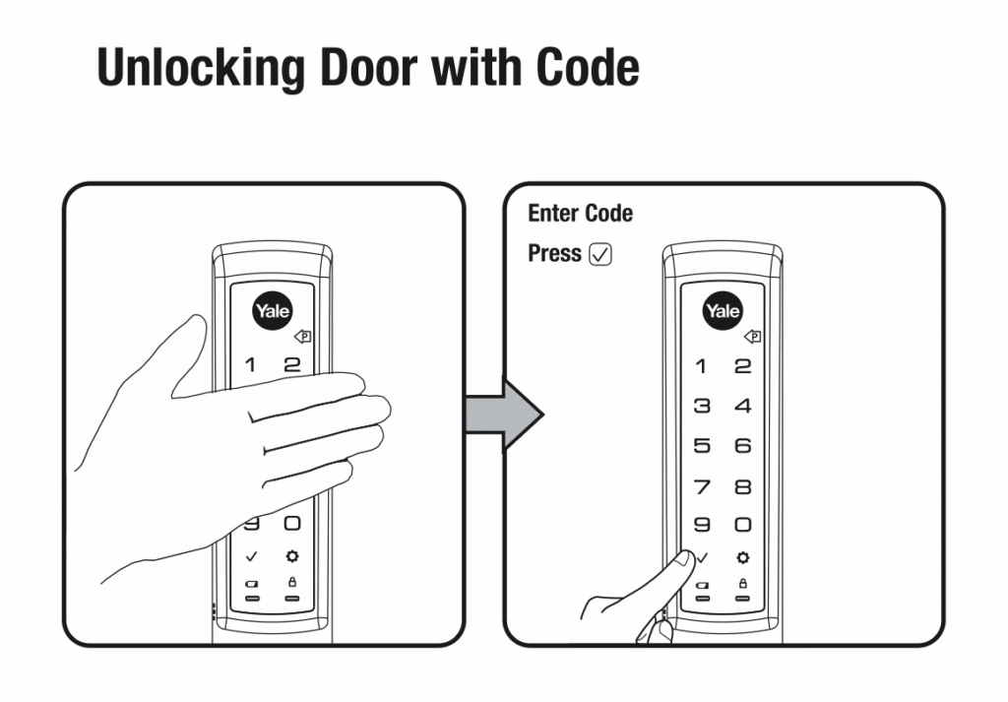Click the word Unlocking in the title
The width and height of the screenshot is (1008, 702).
tap(201, 68)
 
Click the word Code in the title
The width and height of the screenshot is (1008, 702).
tap(588, 67)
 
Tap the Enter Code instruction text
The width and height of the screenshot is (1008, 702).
tap(580, 214)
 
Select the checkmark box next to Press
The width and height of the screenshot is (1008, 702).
tap(600, 254)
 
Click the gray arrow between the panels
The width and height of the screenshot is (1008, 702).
tap(505, 415)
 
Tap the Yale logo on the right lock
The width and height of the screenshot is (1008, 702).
tap(722, 311)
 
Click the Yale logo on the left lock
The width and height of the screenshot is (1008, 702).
tap(272, 311)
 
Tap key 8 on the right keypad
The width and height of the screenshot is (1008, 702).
tap(742, 486)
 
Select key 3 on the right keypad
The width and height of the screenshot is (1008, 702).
tap(702, 406)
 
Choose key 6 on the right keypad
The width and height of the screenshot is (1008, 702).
tap(742, 445)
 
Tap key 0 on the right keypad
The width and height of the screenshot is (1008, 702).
tap(742, 525)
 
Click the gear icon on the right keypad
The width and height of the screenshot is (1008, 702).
tap(742, 557)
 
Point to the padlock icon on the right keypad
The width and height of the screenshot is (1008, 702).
tap(742, 584)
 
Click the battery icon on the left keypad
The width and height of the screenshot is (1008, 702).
tap(252, 584)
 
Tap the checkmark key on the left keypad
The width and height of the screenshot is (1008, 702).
tap(251, 556)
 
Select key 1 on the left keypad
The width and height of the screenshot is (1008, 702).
tap(250, 365)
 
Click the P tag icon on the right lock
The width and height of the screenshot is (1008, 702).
tap(753, 336)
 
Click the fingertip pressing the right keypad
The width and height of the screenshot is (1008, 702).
tap(684, 559)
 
